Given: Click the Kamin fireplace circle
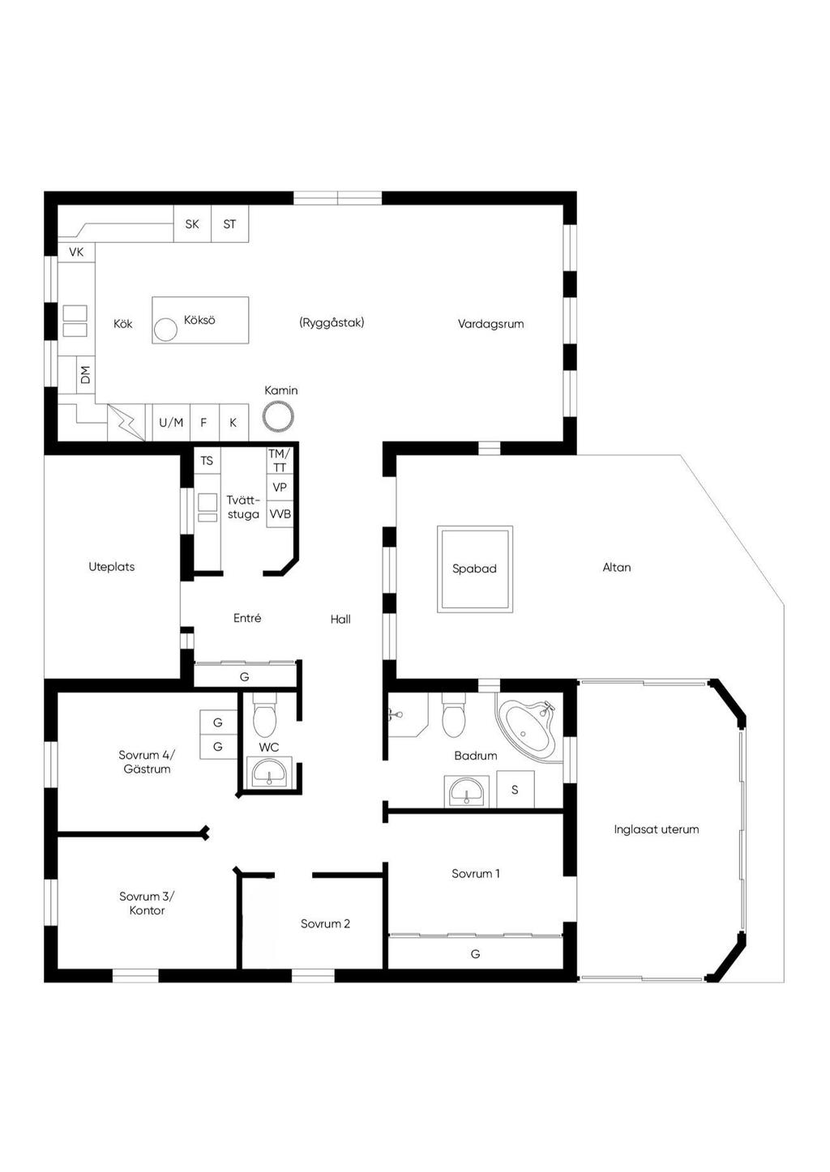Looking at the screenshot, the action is click(x=278, y=417).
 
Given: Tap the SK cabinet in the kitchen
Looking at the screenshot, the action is click(x=192, y=224).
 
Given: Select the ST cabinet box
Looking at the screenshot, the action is click(x=230, y=224).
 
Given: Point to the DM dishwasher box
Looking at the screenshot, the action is click(x=86, y=375).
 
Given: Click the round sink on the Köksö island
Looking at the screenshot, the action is click(x=165, y=330).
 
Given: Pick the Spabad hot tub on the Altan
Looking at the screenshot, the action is click(x=475, y=569).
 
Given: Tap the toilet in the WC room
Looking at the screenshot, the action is click(x=264, y=714).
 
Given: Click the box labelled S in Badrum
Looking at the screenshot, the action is click(x=516, y=790).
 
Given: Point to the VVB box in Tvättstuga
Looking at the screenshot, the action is click(x=280, y=514).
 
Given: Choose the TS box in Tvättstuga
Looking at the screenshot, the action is click(x=207, y=460).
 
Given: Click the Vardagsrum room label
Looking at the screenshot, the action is click(x=490, y=324).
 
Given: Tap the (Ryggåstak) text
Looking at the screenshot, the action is click(x=332, y=323).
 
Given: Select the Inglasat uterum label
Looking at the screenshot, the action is click(x=657, y=829).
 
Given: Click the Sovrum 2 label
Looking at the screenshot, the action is click(x=325, y=924).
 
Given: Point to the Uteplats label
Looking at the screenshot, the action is click(x=112, y=567).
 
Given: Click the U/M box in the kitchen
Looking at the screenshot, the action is click(x=171, y=422).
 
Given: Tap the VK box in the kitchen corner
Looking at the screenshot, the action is click(x=76, y=252).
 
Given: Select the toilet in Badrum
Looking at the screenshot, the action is click(x=453, y=714).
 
